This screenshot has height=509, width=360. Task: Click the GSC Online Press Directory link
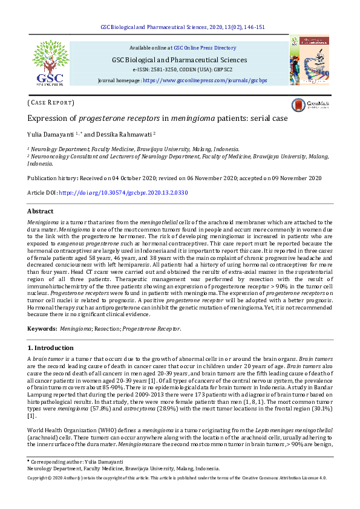click(205, 47)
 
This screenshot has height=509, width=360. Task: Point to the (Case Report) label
click(51, 103)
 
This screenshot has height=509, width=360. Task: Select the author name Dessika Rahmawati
click(124, 134)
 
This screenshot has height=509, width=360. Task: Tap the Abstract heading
click(41, 211)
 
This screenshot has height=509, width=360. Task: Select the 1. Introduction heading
click(51, 348)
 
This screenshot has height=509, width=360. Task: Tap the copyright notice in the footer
click(177, 478)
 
